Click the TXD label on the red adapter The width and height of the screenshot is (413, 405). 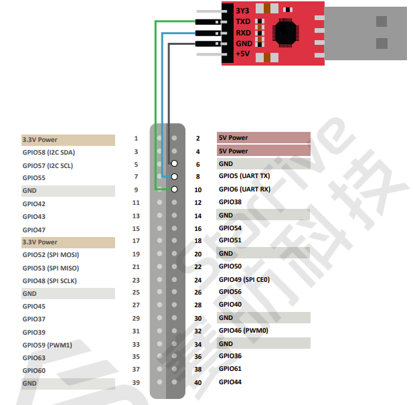pyautogui.click(x=243, y=22)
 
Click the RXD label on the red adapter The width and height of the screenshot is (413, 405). pyautogui.click(x=243, y=33)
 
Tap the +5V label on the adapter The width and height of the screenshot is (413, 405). pyautogui.click(x=243, y=54)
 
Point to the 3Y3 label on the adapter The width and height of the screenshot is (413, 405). pyautogui.click(x=242, y=11)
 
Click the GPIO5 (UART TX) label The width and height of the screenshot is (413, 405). pyautogui.click(x=244, y=177)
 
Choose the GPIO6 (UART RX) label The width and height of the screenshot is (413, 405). pyautogui.click(x=244, y=189)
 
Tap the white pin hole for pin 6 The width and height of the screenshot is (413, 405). pyautogui.click(x=174, y=164)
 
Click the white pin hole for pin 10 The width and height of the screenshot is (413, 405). pyautogui.click(x=174, y=189)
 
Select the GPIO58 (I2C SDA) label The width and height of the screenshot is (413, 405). pyautogui.click(x=48, y=153)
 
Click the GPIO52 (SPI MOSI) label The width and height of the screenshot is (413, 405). pyautogui.click(x=51, y=255)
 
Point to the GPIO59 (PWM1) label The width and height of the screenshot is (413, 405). pyautogui.click(x=47, y=345)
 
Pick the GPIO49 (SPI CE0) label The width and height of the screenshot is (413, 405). pyautogui.click(x=244, y=280)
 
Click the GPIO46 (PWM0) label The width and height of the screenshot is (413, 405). pyautogui.click(x=244, y=331)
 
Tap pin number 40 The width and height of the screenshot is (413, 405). pyautogui.click(x=197, y=383)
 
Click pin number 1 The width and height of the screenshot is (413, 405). pyautogui.click(x=136, y=139)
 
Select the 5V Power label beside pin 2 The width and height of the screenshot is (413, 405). pyautogui.click(x=234, y=139)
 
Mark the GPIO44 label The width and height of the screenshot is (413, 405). pyautogui.click(x=230, y=382)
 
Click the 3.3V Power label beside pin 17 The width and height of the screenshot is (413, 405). pyautogui.click(x=40, y=242)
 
